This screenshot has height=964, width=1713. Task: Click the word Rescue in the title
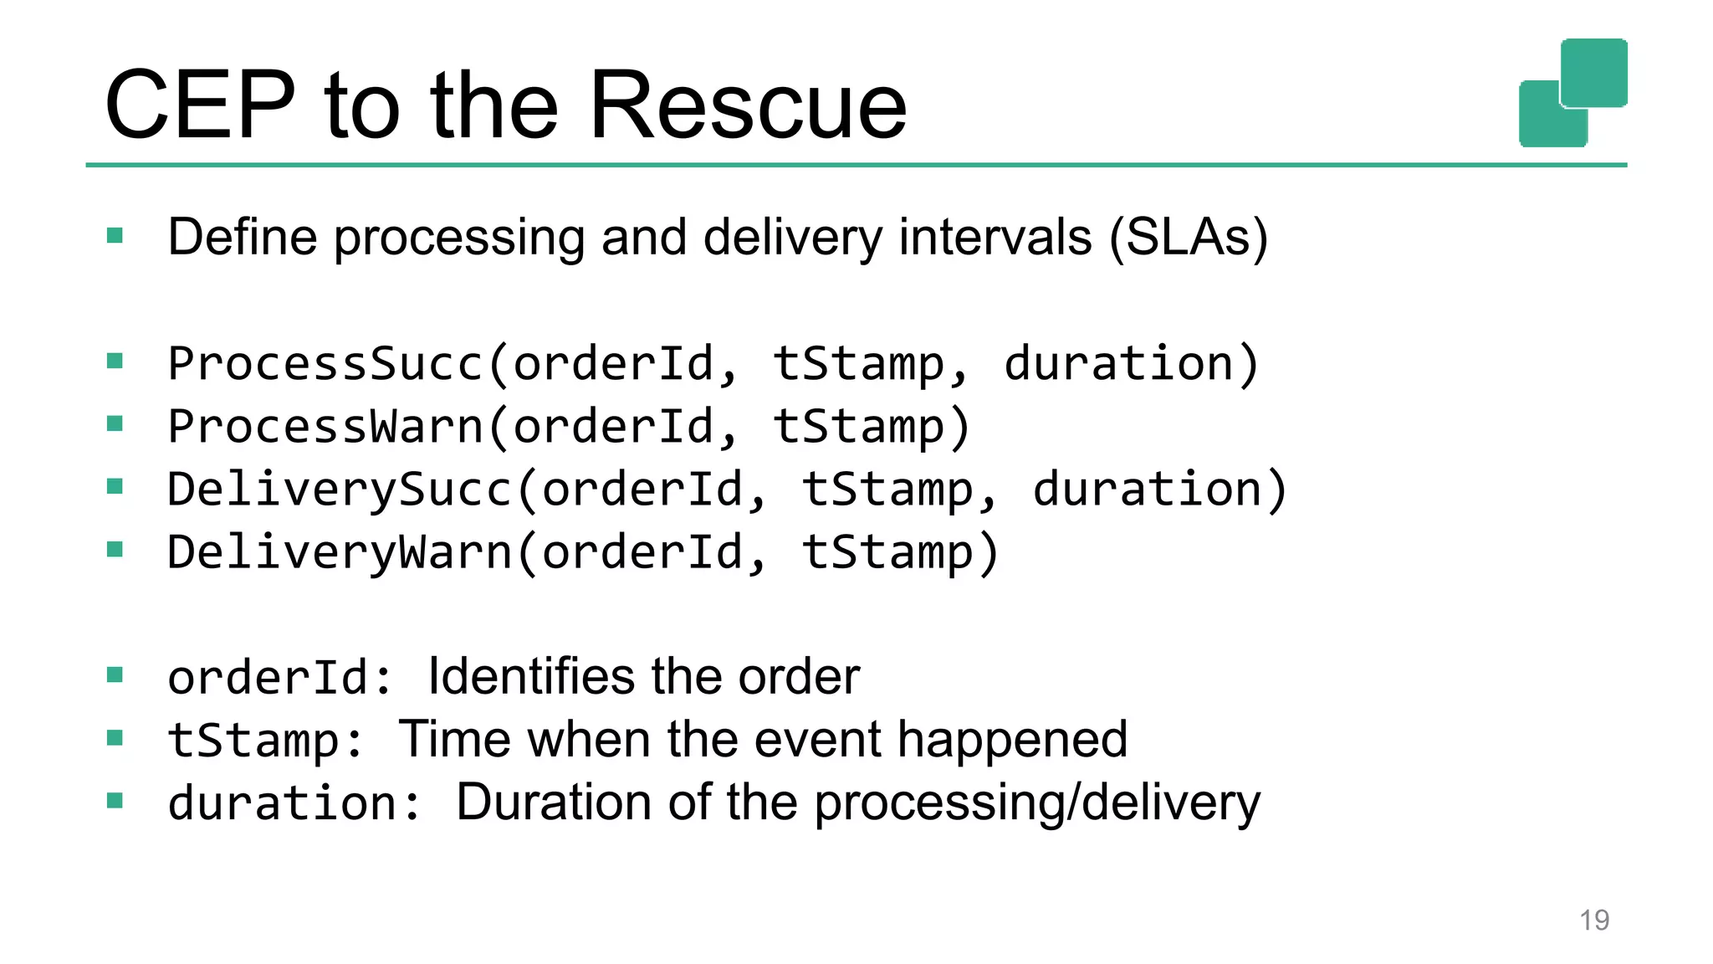pos(748,106)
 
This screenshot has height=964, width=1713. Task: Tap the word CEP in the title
pos(200,106)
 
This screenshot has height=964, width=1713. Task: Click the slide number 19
pos(1593,920)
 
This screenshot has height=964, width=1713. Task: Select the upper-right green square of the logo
pos(1593,71)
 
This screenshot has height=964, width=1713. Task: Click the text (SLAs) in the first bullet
pos(1188,237)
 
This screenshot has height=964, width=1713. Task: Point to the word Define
pos(242,237)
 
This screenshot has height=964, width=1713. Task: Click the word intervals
pos(995,237)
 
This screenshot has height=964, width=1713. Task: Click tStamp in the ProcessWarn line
pos(859,426)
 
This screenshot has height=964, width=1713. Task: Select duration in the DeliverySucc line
pos(1148,489)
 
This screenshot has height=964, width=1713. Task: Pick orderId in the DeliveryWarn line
pos(642,552)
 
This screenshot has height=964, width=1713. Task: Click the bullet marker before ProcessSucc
pos(115,361)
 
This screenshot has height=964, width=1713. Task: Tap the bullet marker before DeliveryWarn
pos(115,550)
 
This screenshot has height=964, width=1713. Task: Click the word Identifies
pos(531,676)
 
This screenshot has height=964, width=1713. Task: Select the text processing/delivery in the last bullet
pos(1036,803)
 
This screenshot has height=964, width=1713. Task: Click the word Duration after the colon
pos(553,802)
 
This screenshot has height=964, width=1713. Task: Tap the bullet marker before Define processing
pos(115,236)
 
